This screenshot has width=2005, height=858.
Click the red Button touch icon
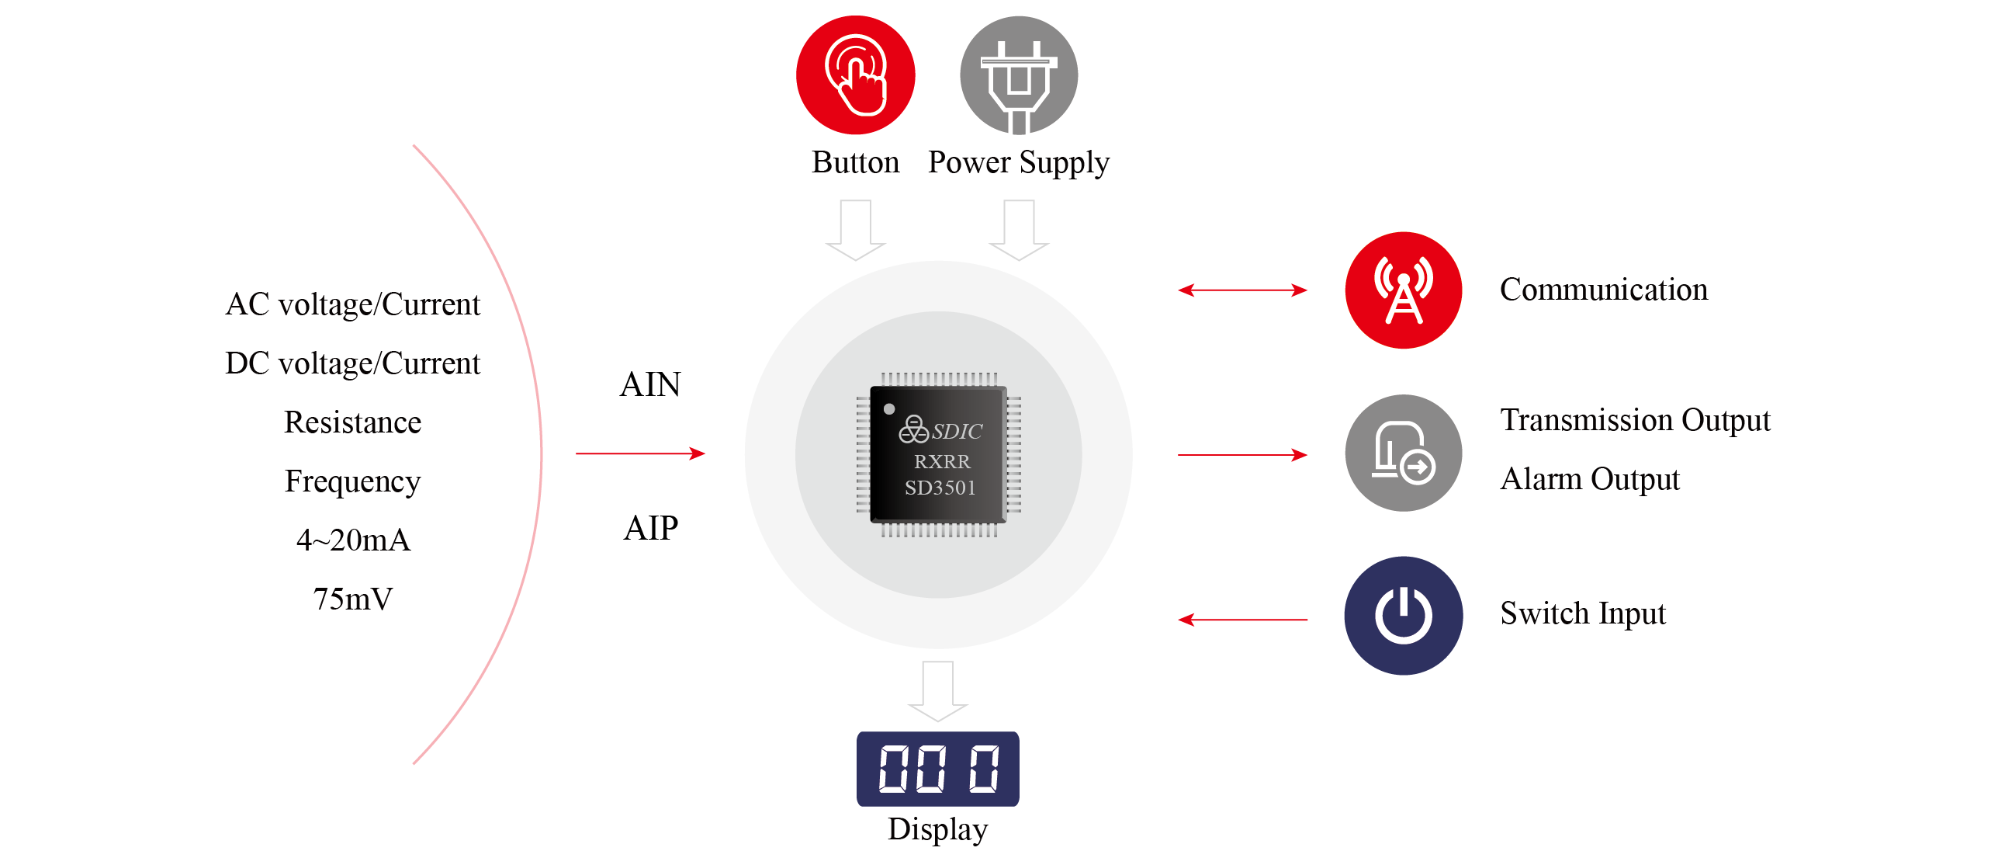click(854, 75)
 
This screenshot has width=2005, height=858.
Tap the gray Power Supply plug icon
click(1018, 75)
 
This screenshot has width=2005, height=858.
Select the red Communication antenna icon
click(1403, 290)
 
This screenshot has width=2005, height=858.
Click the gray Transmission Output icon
click(1403, 453)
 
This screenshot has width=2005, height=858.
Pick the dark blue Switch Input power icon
click(1403, 615)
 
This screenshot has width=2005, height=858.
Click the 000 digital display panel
click(937, 769)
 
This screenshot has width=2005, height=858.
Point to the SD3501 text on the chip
click(940, 488)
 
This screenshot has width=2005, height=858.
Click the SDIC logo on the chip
click(941, 430)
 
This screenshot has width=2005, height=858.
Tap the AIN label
click(650, 384)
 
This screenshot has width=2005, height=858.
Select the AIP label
click(651, 528)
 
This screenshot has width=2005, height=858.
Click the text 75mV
click(352, 599)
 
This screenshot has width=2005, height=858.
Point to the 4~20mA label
click(352, 540)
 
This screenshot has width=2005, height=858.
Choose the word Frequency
click(352, 481)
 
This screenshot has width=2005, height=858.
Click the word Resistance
click(352, 422)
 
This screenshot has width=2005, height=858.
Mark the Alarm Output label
click(1589, 479)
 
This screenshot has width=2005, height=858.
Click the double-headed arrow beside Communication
click(1242, 290)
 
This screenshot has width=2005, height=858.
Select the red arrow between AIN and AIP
click(640, 453)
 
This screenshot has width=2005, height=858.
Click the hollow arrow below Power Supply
click(1018, 230)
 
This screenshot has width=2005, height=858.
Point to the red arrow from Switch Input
click(1242, 620)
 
